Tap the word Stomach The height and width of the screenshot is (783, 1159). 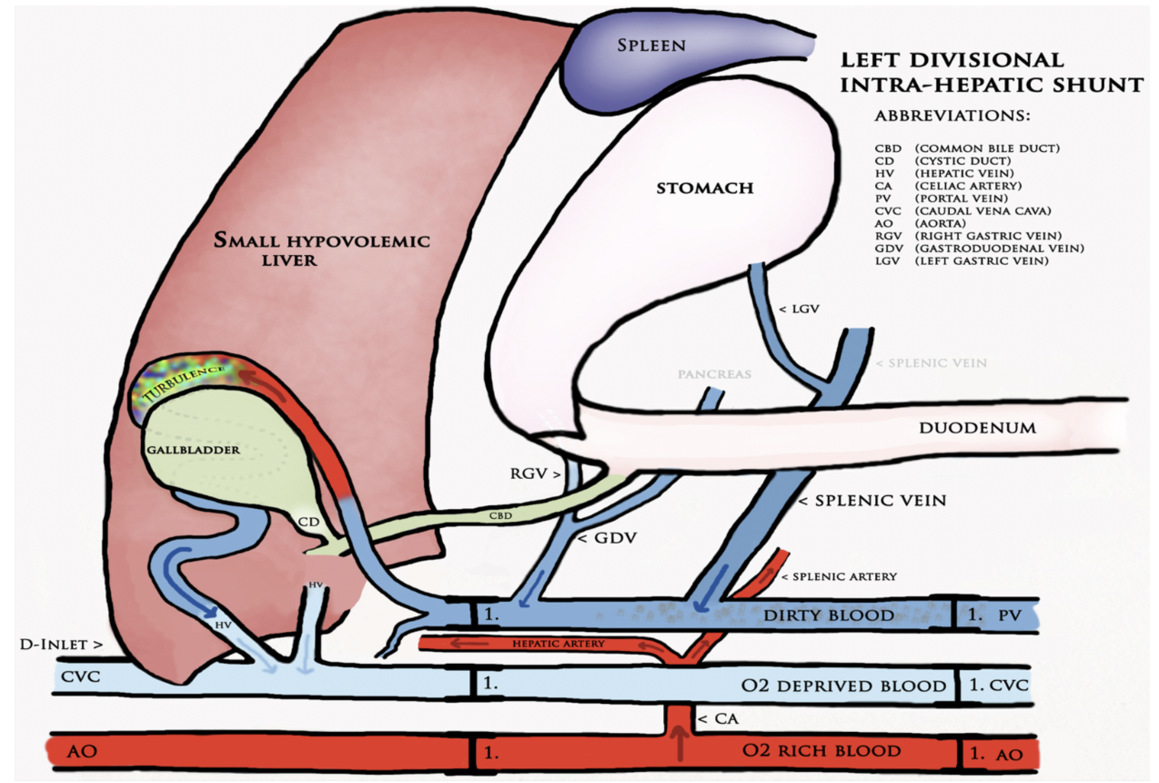(x=704, y=188)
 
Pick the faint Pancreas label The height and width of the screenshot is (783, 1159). (x=714, y=374)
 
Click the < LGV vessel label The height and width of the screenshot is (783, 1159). (x=801, y=310)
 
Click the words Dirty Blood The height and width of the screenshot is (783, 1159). (x=829, y=615)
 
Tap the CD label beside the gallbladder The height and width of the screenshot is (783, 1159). (x=308, y=524)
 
